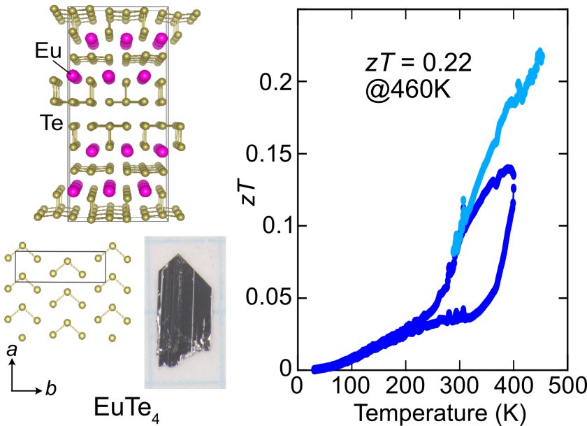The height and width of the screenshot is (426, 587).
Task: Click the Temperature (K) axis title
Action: [x=434, y=411]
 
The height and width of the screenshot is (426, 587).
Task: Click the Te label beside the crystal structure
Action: [x=50, y=125]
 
